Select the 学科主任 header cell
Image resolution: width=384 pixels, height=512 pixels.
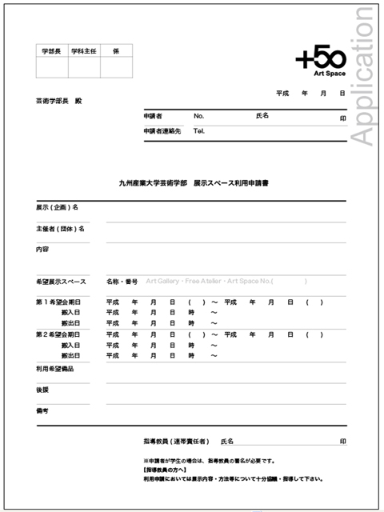click(84, 50)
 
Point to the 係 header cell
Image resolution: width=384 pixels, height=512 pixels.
click(116, 50)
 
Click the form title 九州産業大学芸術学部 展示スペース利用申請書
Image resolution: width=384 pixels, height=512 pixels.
click(193, 184)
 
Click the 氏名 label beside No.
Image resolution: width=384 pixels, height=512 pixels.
click(262, 116)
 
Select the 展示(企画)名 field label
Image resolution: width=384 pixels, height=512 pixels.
click(57, 207)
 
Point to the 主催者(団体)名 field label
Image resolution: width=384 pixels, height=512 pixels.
click(60, 229)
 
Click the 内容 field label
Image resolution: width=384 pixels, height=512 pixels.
click(42, 250)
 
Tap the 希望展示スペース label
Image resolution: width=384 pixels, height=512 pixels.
click(61, 282)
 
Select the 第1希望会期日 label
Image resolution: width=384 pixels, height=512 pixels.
click(58, 302)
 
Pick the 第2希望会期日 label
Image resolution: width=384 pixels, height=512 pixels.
click(58, 334)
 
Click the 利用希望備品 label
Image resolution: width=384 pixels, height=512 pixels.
click(54, 369)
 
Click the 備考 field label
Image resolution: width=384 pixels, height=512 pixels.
click(42, 410)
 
